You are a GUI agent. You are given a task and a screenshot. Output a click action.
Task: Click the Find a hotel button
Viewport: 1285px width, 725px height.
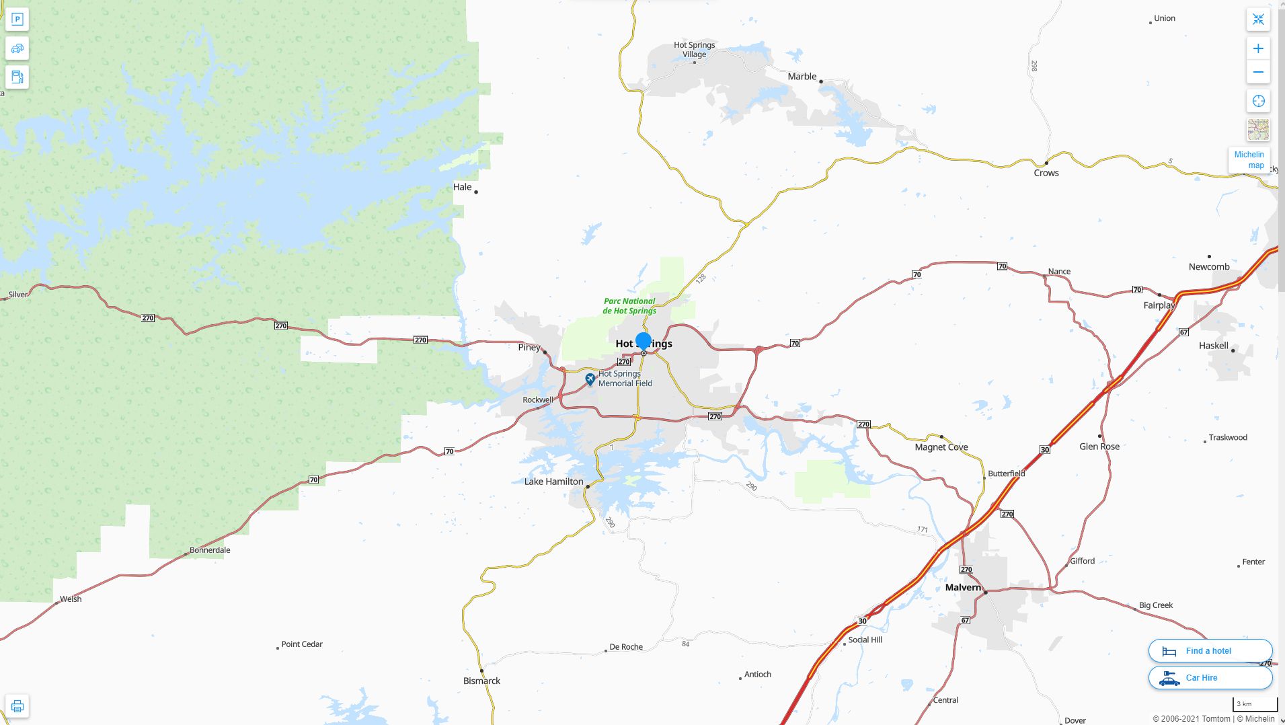pyautogui.click(x=1210, y=651)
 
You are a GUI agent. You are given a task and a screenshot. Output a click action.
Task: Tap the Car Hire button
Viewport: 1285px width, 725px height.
pyautogui.click(x=1210, y=678)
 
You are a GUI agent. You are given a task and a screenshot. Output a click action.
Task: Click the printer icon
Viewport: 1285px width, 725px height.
pyautogui.click(x=17, y=706)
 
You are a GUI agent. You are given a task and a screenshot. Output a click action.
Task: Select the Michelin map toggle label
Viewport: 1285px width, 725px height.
pyautogui.click(x=1249, y=160)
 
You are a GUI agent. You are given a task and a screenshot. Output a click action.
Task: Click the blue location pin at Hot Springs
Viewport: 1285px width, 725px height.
pyautogui.click(x=644, y=341)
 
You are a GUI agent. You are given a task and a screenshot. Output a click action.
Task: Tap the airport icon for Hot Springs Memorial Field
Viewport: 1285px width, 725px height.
pyautogui.click(x=590, y=380)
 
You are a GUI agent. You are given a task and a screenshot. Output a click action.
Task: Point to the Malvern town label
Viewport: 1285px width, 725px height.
pyautogui.click(x=963, y=587)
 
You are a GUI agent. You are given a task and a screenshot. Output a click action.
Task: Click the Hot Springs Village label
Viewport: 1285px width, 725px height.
pyautogui.click(x=694, y=50)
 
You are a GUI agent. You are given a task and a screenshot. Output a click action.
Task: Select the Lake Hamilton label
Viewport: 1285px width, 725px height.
pyautogui.click(x=553, y=482)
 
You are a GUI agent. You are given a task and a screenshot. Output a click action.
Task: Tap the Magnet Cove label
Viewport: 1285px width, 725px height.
pyautogui.click(x=941, y=447)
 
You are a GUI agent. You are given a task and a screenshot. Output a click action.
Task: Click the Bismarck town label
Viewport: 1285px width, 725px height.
pyautogui.click(x=481, y=681)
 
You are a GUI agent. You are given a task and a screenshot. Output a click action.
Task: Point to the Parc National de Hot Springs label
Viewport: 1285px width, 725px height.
pyautogui.click(x=629, y=306)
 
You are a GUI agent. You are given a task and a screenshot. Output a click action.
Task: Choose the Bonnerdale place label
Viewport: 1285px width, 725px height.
pyautogui.click(x=210, y=550)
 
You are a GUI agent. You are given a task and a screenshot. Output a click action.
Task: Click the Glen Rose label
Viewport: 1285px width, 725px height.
pyautogui.click(x=1099, y=447)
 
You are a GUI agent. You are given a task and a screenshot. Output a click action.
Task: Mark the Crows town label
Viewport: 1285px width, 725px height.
pyautogui.click(x=1046, y=173)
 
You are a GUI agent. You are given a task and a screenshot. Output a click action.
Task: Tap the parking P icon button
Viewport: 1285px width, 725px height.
pyautogui.click(x=17, y=20)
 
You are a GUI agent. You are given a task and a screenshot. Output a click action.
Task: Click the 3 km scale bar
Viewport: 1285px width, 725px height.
pyautogui.click(x=1255, y=705)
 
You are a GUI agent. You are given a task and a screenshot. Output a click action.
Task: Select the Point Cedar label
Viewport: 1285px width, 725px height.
pyautogui.click(x=302, y=644)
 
